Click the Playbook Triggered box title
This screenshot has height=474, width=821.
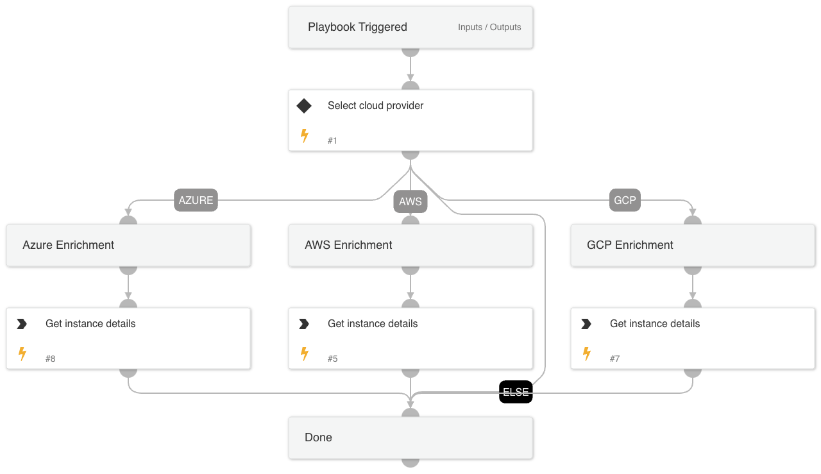tap(357, 27)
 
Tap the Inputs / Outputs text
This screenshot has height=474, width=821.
tap(489, 27)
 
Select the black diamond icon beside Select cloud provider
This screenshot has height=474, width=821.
tap(304, 106)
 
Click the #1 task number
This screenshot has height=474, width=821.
tap(332, 140)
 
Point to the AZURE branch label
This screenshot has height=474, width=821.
tap(196, 200)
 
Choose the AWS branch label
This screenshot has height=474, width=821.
tap(410, 201)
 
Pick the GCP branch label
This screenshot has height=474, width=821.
tap(625, 200)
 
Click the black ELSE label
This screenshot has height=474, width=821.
tap(516, 392)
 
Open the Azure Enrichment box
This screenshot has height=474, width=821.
tap(128, 245)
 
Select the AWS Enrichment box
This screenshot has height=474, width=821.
tap(410, 245)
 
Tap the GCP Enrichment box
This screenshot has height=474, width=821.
tap(693, 245)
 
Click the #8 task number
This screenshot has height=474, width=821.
tap(51, 359)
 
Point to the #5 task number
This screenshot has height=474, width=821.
tap(332, 359)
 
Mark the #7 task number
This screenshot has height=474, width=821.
tap(614, 359)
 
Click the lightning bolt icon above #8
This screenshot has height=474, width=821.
tap(22, 353)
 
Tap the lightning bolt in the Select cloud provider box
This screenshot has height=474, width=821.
tap(305, 135)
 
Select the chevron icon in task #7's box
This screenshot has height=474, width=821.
tap(586, 324)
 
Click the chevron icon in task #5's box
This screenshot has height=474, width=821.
tap(304, 324)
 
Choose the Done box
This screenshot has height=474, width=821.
tap(410, 437)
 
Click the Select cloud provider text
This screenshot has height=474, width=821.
tap(375, 106)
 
